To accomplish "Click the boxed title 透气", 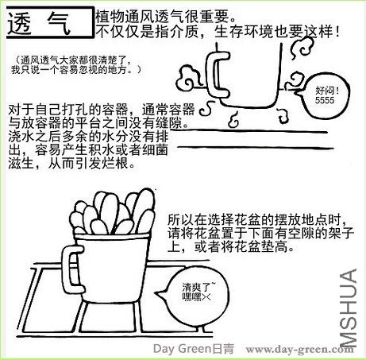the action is click(50, 23).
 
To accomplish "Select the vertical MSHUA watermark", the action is click(349, 308).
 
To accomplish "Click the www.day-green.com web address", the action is click(299, 349).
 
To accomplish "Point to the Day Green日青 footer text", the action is click(194, 349).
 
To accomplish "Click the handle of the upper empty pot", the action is click(218, 75).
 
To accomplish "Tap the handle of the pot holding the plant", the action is click(71, 269).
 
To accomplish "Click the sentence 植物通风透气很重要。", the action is click(166, 17).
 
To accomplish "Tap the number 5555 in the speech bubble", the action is click(325, 100).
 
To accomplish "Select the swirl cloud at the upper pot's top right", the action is click(301, 47).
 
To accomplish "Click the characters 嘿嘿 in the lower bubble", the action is click(191, 297).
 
